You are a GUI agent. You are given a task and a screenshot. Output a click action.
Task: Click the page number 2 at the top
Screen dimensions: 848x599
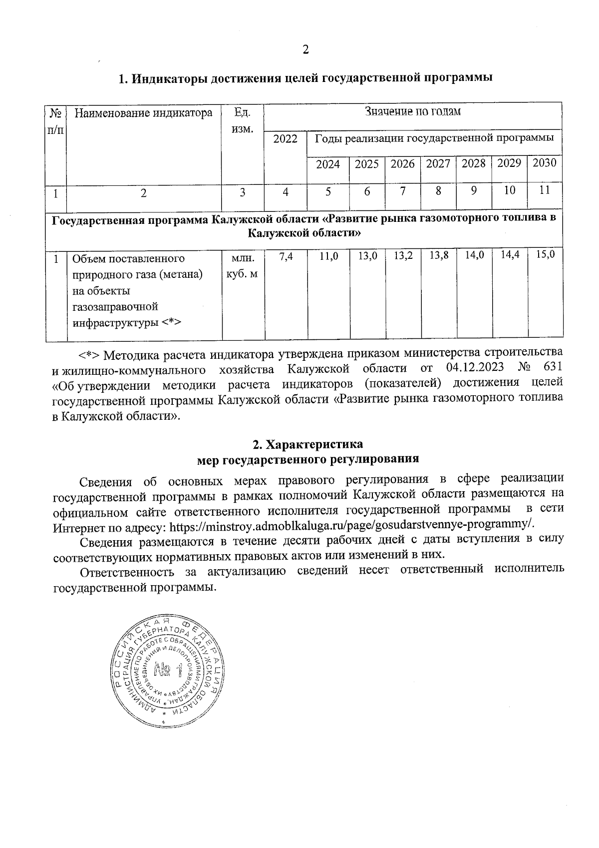[305, 49]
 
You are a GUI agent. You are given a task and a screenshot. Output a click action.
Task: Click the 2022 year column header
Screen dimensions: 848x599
[285, 139]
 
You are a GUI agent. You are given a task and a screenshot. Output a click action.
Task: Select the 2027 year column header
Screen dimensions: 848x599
[438, 163]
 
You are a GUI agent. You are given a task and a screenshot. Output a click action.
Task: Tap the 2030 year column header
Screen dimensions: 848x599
[545, 163]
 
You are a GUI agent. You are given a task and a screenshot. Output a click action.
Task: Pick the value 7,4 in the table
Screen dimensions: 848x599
[286, 256]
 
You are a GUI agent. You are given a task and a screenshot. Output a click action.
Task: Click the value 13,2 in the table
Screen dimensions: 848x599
[403, 256]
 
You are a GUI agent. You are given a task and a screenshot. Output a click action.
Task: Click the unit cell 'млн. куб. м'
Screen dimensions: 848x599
[243, 266]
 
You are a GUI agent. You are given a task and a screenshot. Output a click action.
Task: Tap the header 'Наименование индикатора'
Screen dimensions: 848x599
[143, 113]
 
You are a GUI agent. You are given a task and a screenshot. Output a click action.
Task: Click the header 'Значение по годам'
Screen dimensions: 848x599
[413, 111]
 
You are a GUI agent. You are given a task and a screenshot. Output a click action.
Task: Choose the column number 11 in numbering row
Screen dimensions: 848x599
[545, 190]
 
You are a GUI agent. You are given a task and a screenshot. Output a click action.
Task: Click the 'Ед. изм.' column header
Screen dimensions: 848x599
[242, 120]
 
